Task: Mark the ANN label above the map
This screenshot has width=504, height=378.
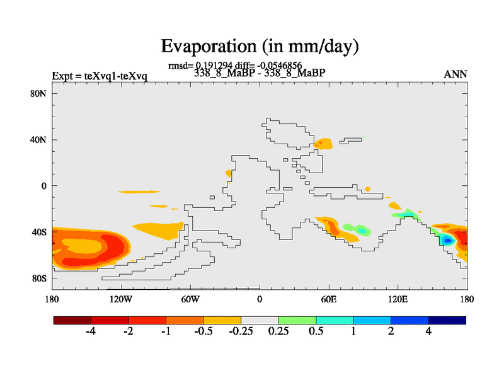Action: pyautogui.click(x=455, y=74)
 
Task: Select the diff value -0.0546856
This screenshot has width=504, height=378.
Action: pyautogui.click(x=276, y=65)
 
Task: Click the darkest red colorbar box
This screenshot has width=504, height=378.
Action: pyautogui.click(x=72, y=320)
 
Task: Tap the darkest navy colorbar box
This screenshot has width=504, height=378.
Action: pyautogui.click(x=447, y=320)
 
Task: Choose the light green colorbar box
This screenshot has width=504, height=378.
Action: pyautogui.click(x=297, y=320)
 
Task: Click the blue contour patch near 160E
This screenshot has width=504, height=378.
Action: pyautogui.click(x=448, y=240)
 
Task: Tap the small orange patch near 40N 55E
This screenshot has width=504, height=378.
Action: pyautogui.click(x=324, y=144)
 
